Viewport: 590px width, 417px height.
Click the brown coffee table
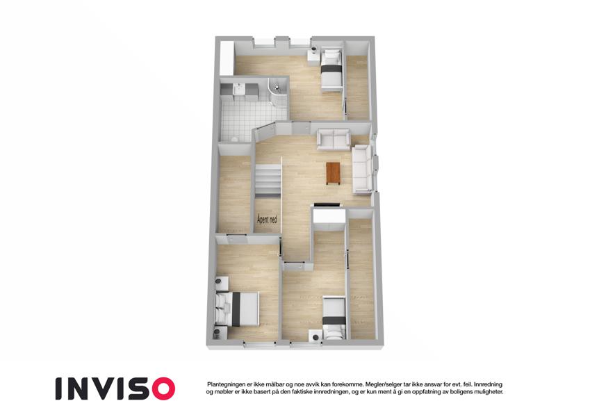(x=334, y=173)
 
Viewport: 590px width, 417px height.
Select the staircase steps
(x=268, y=180)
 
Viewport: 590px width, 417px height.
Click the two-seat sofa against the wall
(x=334, y=140)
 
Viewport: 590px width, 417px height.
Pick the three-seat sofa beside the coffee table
(x=362, y=170)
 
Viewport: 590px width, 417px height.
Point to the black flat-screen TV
(x=327, y=205)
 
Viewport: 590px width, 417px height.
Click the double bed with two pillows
(x=237, y=309)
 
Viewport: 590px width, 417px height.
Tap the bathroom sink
(x=238, y=89)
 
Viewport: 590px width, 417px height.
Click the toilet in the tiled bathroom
(x=234, y=139)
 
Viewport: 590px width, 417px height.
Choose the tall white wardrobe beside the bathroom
(x=227, y=58)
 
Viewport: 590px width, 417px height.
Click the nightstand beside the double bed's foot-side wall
(x=220, y=333)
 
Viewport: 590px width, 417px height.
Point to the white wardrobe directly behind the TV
(x=329, y=218)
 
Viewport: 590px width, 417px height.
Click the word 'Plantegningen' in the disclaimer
(x=225, y=384)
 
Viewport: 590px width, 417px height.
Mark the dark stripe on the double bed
(x=236, y=309)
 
